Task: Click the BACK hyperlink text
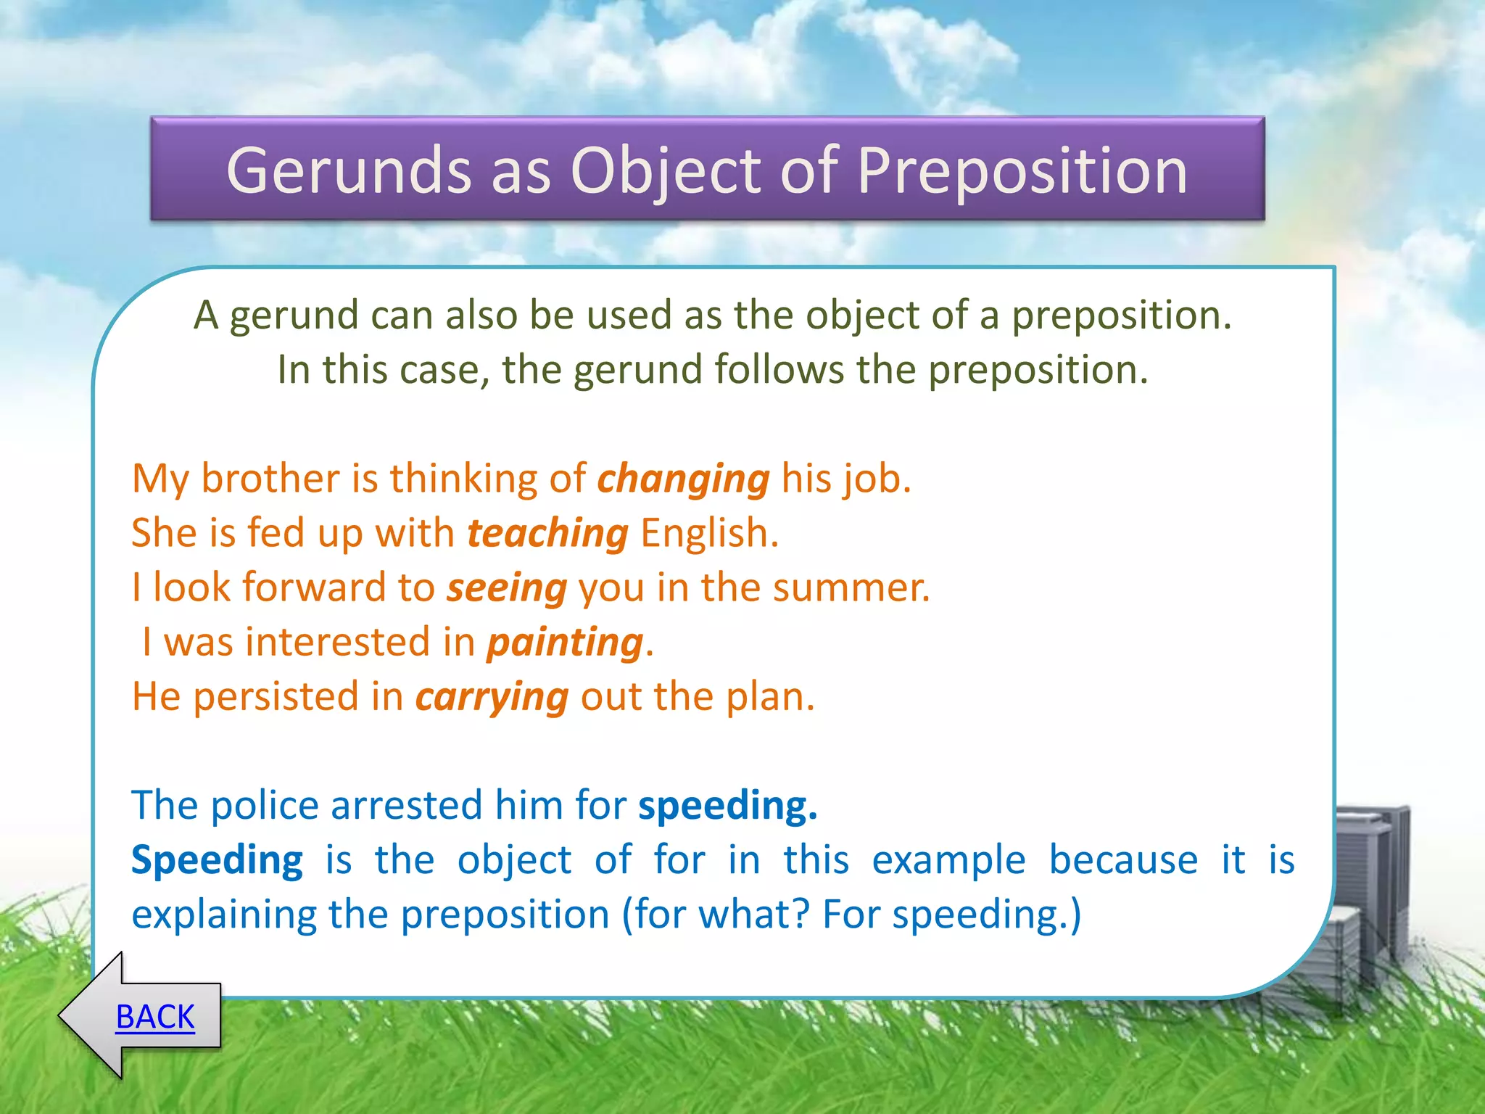(155, 1017)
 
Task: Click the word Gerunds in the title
(349, 171)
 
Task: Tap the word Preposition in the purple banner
(1022, 171)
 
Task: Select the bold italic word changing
(682, 480)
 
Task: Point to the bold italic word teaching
(547, 535)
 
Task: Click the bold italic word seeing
(506, 588)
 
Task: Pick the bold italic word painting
(565, 643)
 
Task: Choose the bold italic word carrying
(492, 698)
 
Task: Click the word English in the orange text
(709, 534)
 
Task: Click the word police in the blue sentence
(264, 806)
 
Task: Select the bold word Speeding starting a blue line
(217, 861)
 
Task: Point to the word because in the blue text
(1123, 861)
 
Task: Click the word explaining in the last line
(223, 915)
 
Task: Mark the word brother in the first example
(270, 479)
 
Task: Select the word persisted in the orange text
(276, 697)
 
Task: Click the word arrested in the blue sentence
(406, 806)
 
